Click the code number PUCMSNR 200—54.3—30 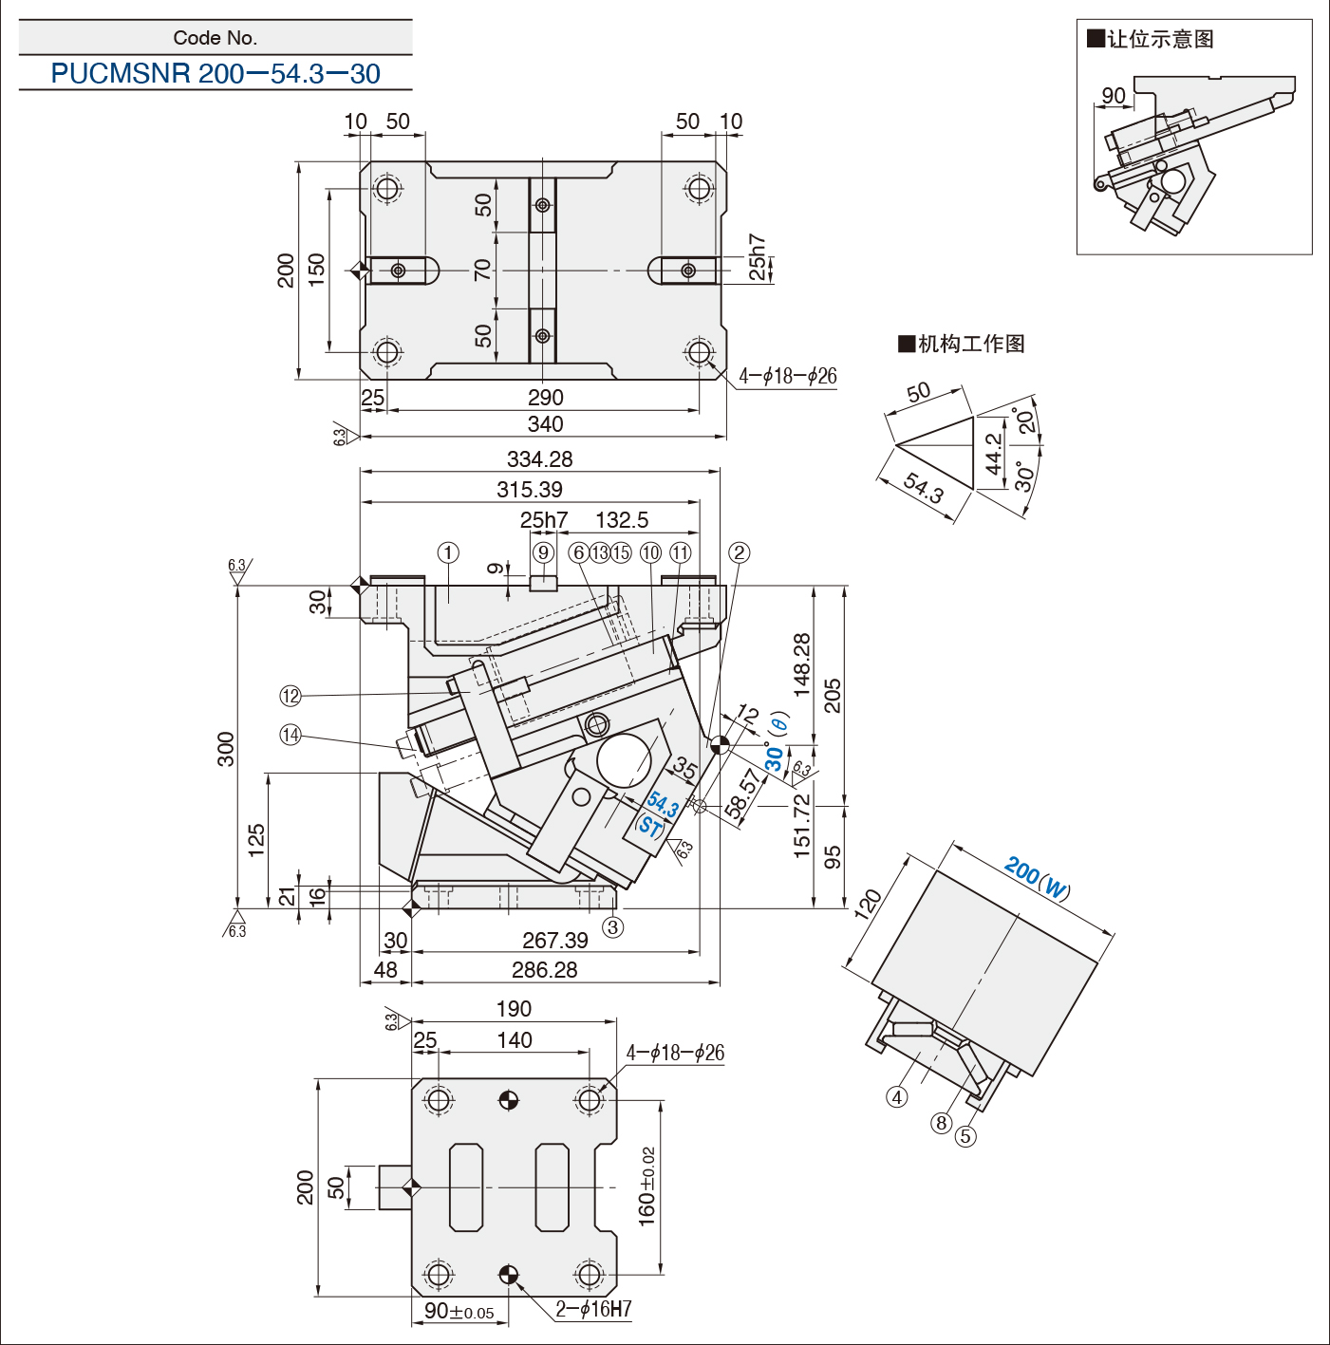point(215,73)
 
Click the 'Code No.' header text point(215,38)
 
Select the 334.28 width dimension point(539,459)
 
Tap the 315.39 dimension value point(530,490)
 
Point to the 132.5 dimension point(622,520)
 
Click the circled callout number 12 point(290,696)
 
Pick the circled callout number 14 point(290,735)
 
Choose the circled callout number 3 point(613,927)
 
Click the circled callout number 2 point(739,552)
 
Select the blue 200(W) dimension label point(1037,877)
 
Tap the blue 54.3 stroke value point(663,805)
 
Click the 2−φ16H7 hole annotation point(593,1309)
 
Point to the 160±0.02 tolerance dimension point(647,1186)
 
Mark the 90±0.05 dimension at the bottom point(459,1312)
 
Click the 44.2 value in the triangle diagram point(993,453)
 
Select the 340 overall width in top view point(545,424)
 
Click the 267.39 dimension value point(555,941)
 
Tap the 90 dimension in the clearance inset point(1114,96)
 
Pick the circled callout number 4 point(897,1097)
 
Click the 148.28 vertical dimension point(802,664)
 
